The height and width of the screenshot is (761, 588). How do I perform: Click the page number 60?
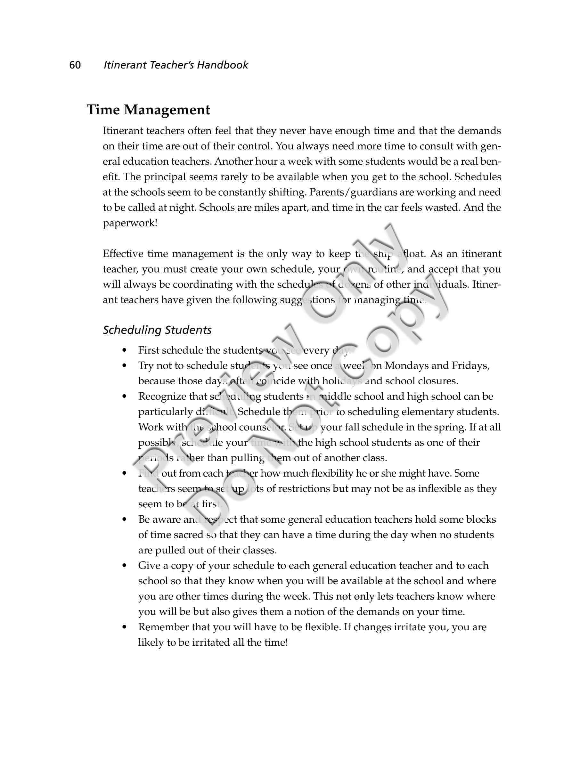click(75, 65)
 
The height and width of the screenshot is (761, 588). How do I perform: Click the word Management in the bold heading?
click(167, 110)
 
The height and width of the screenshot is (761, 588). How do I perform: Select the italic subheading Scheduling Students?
click(157, 330)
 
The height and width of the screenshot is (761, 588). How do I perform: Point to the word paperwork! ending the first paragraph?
click(130, 223)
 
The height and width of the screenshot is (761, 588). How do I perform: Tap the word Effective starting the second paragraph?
click(123, 254)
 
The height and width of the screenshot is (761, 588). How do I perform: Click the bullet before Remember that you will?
click(124, 627)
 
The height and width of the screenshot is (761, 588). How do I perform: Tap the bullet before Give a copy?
click(124, 566)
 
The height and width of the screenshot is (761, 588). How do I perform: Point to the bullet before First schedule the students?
click(124, 350)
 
